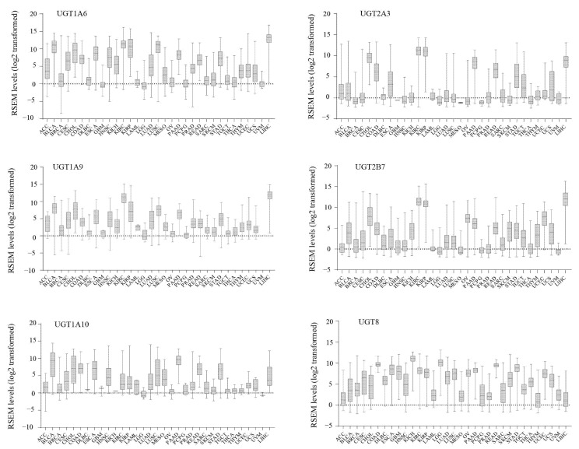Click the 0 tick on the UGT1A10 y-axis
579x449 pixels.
click(35, 393)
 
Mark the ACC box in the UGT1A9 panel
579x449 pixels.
click(47, 224)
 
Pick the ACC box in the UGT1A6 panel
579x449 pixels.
click(47, 68)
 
